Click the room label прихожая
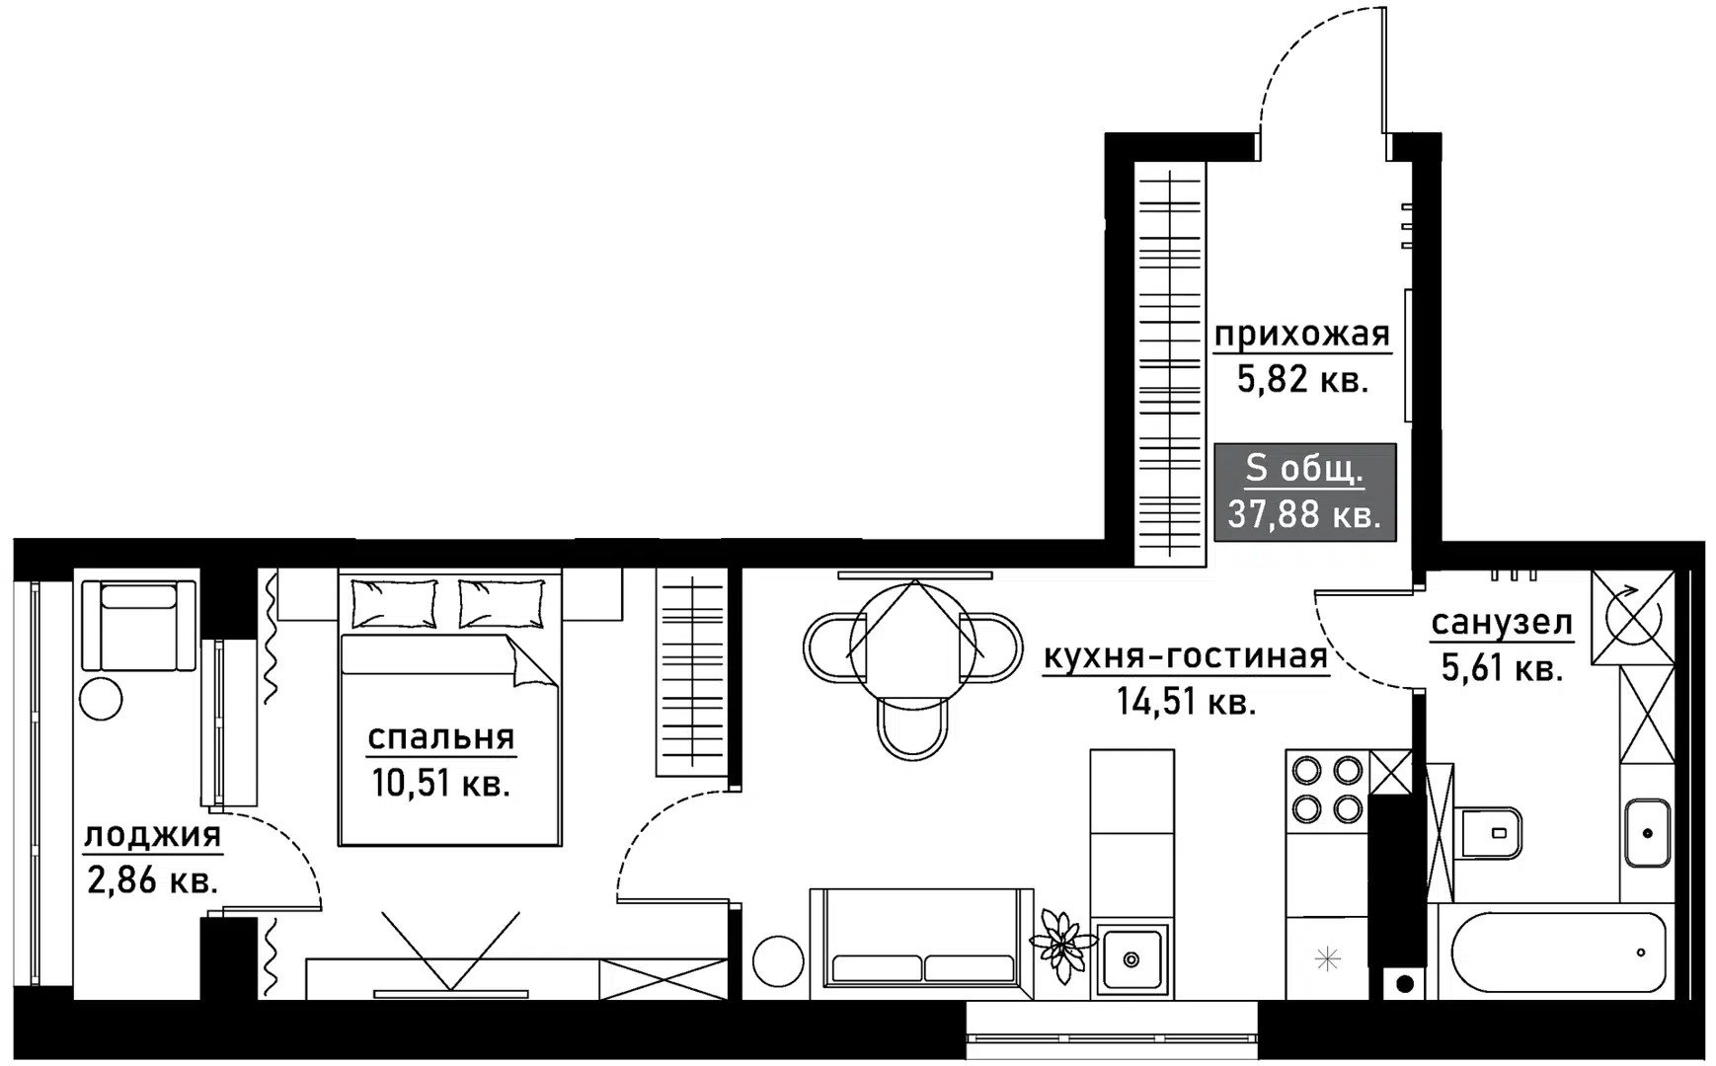1302,335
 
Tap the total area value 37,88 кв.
1304,514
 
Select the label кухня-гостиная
1186,656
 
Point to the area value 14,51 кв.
1186,702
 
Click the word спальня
441,737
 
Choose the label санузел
1502,623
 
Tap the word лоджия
153,836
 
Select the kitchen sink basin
1131,956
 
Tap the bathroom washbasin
1648,833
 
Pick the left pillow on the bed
394,603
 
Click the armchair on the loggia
139,626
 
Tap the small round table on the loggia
101,699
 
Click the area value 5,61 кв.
1502,668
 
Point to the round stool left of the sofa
778,959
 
